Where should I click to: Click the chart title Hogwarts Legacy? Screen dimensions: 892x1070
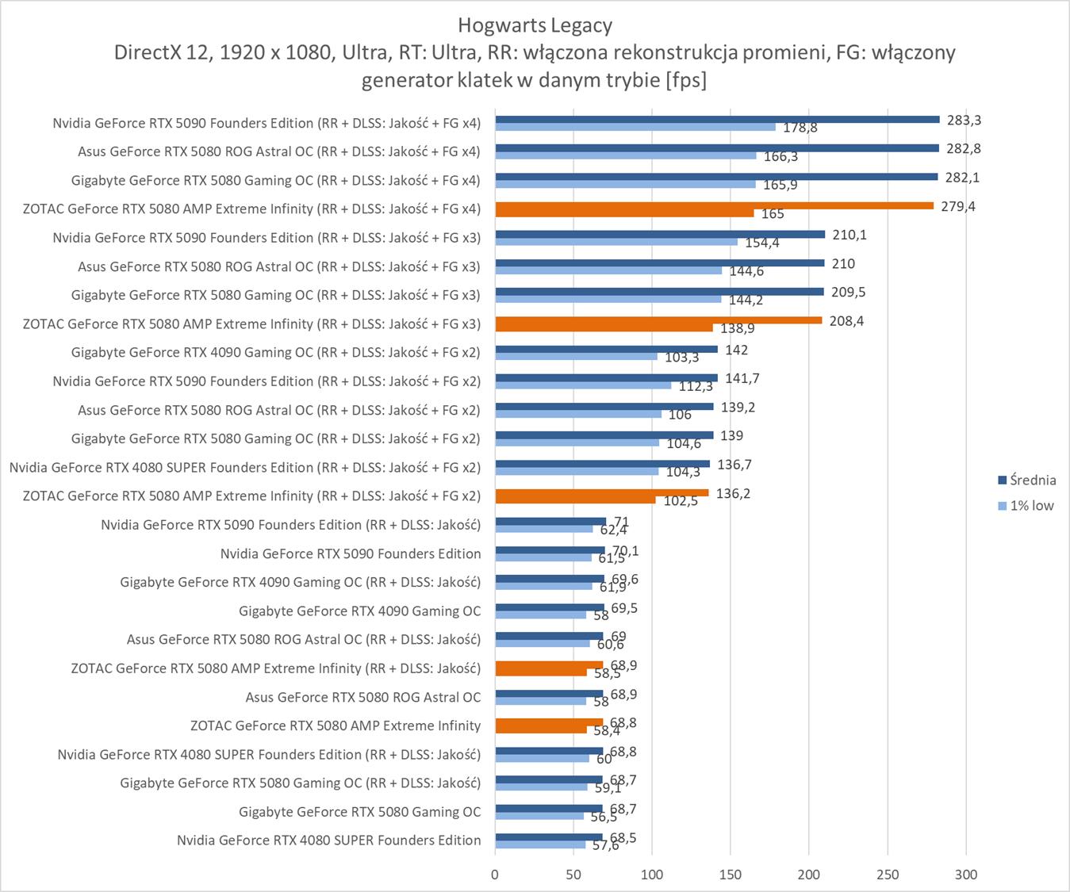coord(535,25)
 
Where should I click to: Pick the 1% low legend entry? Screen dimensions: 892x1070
coord(1031,506)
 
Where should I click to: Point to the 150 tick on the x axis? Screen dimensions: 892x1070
coord(731,875)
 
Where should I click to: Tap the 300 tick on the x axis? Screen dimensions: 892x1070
coord(965,875)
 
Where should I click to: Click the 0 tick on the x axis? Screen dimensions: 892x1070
coord(495,875)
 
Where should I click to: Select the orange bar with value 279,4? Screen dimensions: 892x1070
coord(714,206)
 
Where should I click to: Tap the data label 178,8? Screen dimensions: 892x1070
coord(800,128)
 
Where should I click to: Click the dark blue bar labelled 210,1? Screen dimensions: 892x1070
coord(660,234)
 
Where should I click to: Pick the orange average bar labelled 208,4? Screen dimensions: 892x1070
coord(658,320)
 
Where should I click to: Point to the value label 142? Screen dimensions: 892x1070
coord(736,350)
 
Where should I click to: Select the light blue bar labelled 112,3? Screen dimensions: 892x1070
coord(583,385)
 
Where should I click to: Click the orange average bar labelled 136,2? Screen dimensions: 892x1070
coord(601,492)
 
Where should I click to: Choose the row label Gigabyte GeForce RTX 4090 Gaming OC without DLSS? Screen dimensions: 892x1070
coord(359,611)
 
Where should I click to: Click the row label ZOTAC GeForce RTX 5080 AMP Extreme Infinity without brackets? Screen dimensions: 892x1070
coord(335,725)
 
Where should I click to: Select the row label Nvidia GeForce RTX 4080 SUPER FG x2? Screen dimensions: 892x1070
coord(245,467)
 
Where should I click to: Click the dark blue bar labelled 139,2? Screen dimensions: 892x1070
coord(604,407)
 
